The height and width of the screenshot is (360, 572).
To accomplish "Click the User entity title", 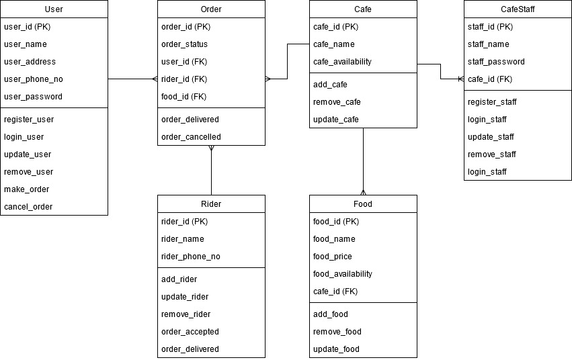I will pos(54,9).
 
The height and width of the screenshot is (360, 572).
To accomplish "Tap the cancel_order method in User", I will pos(28,207).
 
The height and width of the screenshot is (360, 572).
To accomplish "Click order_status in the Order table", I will pos(185,44).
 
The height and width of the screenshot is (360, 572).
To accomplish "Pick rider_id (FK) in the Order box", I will pos(184,79).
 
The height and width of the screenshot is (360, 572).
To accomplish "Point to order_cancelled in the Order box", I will pos(191,137).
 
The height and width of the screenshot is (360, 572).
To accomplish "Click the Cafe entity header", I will pos(363,9).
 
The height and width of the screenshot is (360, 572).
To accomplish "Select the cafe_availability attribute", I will pos(342,62).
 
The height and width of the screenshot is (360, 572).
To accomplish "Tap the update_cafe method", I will pos(336,120).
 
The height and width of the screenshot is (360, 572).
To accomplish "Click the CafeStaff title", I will pos(518,9).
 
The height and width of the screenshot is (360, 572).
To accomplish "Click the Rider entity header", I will pos(211,204).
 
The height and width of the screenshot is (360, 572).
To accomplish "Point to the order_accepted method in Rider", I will pos(190,332).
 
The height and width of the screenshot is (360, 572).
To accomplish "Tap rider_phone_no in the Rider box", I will pos(191,257).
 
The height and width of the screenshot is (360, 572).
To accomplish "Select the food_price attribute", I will pos(333,257).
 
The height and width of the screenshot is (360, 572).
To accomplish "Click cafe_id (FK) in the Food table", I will pos(335,291).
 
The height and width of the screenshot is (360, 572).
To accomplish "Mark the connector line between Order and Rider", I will pos(211,171).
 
